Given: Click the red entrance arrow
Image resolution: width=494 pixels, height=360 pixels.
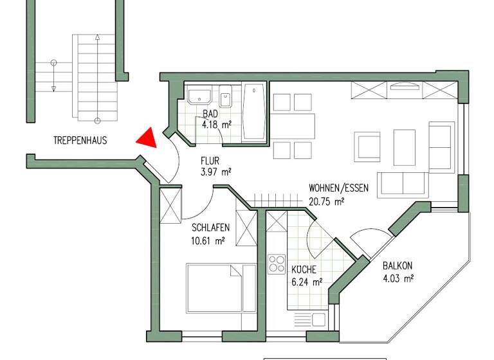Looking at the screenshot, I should (x=148, y=138).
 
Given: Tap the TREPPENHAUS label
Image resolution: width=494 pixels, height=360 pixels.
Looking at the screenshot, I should (x=80, y=140).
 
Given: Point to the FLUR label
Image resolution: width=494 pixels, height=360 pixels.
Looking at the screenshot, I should (x=210, y=161).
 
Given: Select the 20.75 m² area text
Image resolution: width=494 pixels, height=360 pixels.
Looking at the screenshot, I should (x=327, y=201).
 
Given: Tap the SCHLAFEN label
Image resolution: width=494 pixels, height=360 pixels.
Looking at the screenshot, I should (x=211, y=227).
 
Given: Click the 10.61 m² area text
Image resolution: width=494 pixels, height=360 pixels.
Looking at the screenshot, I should (x=208, y=241).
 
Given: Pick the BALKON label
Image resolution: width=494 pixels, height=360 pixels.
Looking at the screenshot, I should (x=398, y=265).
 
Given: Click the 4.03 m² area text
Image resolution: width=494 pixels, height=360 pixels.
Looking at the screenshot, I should (x=398, y=278).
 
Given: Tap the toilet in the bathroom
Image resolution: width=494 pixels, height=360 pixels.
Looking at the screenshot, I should (x=226, y=100).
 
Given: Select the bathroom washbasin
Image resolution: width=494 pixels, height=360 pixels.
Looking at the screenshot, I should (x=201, y=97).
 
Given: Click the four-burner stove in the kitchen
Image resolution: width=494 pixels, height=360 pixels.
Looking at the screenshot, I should (x=277, y=264).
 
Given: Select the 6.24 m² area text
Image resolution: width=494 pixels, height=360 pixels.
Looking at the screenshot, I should (x=306, y=282).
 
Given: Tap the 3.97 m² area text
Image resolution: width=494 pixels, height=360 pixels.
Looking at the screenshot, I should (x=215, y=172).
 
